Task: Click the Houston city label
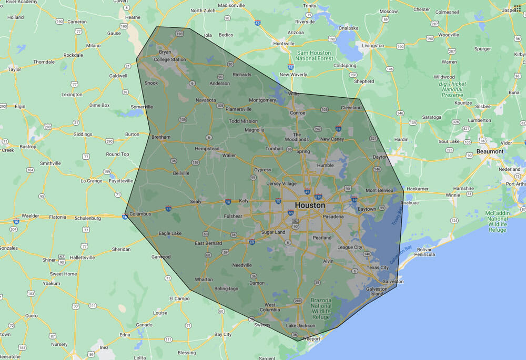click(x=310, y=205)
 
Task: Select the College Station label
click(x=169, y=60)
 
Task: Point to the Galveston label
click(x=393, y=282)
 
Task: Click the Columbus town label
click(x=140, y=214)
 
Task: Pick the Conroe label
click(x=298, y=112)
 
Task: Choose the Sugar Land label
click(x=273, y=232)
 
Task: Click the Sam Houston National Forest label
click(x=314, y=56)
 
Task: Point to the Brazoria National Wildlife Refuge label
click(x=321, y=308)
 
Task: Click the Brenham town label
click(x=161, y=137)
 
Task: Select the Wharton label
click(x=204, y=280)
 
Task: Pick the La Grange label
click(x=91, y=181)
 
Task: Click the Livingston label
click(x=373, y=46)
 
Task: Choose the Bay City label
click(x=223, y=334)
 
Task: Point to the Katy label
click(x=244, y=201)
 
